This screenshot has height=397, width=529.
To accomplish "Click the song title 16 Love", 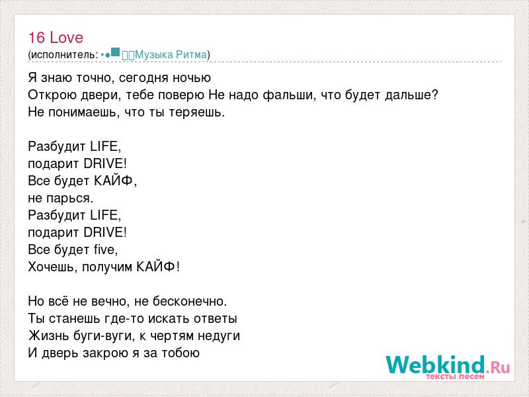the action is [56, 38].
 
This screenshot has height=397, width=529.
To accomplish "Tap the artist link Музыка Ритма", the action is [171, 55].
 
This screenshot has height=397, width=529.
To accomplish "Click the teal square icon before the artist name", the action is [115, 52].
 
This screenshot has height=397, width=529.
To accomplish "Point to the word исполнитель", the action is [63, 55].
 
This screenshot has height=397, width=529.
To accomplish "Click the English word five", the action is [106, 249].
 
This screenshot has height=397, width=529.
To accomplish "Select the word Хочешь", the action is [53, 267].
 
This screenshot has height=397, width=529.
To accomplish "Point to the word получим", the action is [107, 267].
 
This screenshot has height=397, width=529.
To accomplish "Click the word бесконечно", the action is [190, 301].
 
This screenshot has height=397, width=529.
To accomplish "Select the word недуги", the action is [219, 336].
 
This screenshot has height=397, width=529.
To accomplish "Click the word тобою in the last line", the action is [181, 353].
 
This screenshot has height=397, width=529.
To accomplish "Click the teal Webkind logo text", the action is [435, 365].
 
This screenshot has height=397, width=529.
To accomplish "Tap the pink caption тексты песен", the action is [455, 376].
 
